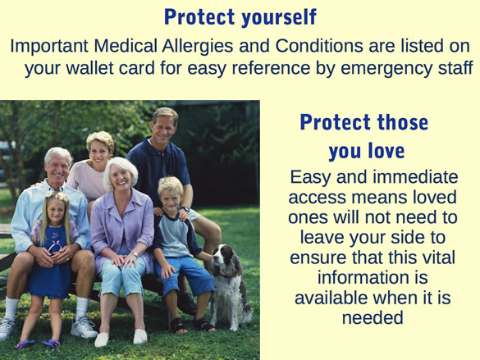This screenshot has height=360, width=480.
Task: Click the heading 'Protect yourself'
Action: click(x=240, y=17)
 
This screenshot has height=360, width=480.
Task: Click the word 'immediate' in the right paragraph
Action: click(x=416, y=177)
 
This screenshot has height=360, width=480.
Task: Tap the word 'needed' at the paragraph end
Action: click(x=373, y=317)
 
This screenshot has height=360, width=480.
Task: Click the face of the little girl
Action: click(x=57, y=212)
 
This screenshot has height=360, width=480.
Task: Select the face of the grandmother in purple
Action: click(x=121, y=178)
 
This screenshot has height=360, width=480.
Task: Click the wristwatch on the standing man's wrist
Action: click(x=185, y=209)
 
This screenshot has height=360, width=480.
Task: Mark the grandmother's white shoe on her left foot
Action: click(x=140, y=336)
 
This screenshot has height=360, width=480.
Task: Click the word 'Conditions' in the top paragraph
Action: click(x=319, y=46)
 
